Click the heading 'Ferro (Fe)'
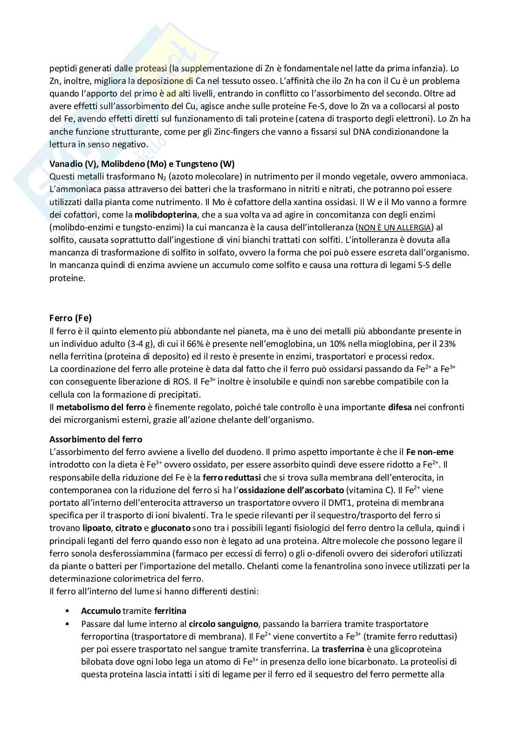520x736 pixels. click(x=70, y=318)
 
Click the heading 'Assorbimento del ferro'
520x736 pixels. click(x=96, y=440)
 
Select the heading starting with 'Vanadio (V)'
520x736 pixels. click(x=142, y=164)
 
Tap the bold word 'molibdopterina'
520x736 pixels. click(x=167, y=215)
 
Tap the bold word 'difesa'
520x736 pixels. click(x=399, y=407)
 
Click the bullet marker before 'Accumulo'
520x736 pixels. click(x=67, y=611)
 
